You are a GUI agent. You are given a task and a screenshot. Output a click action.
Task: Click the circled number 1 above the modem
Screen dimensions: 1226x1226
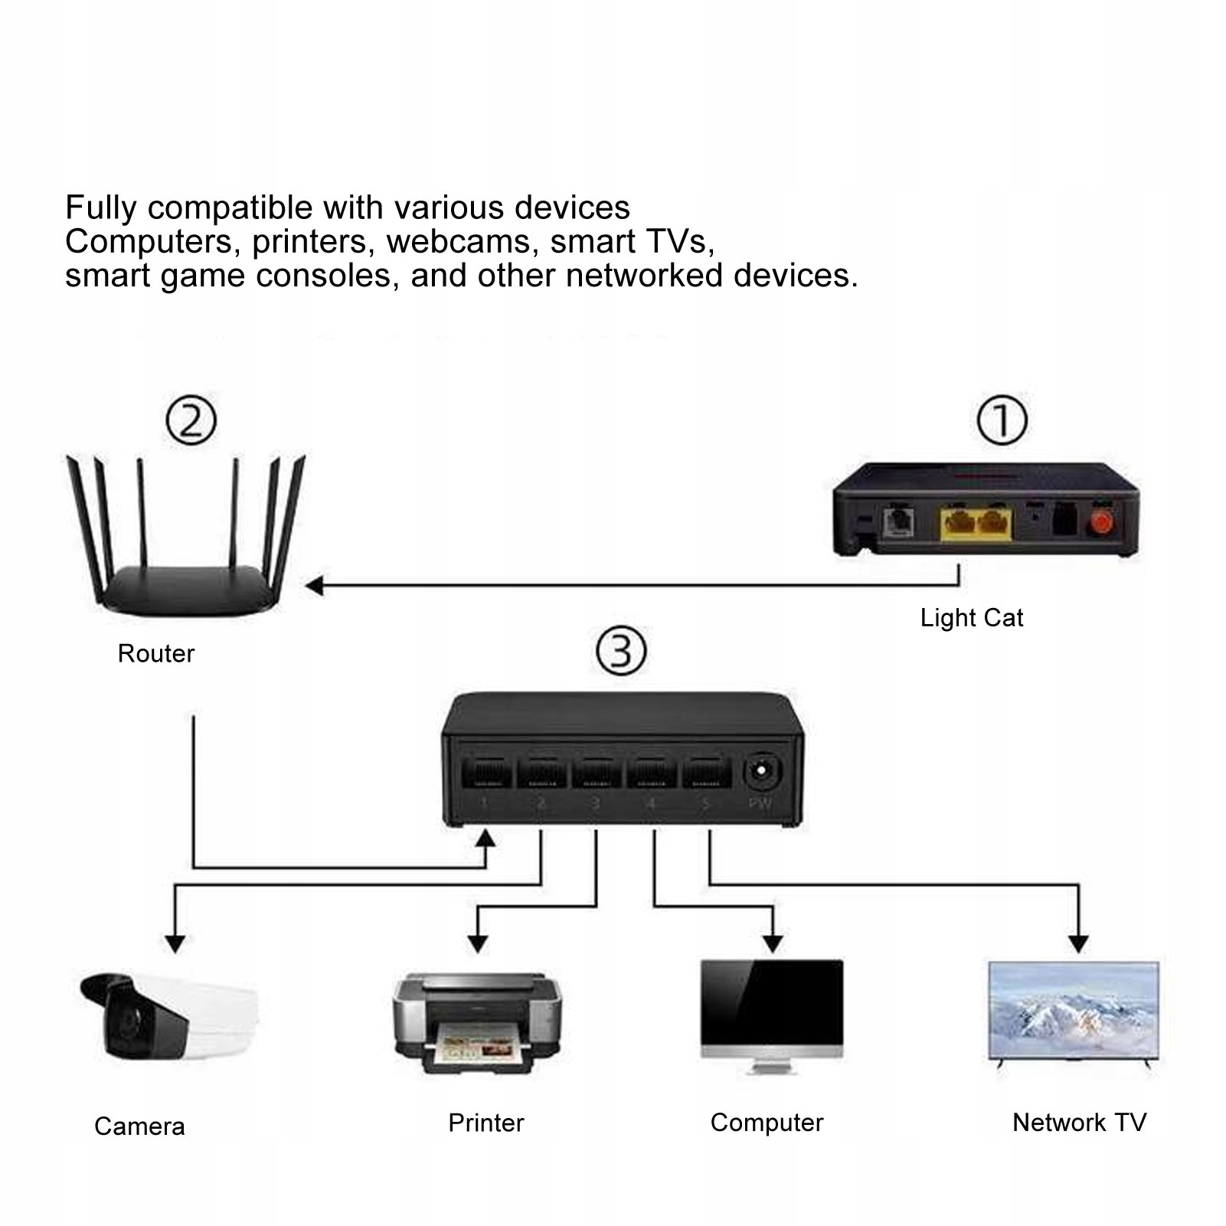pyautogui.click(x=1002, y=420)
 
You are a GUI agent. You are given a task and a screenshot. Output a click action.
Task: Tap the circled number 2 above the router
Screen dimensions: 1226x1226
pyautogui.click(x=191, y=420)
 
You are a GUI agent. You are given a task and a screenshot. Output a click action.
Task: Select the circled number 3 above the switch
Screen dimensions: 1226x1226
pyautogui.click(x=621, y=652)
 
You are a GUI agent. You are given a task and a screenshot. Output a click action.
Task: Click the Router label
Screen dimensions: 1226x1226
pyautogui.click(x=156, y=653)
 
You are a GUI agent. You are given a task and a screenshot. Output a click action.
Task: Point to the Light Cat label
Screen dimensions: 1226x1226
pyautogui.click(x=971, y=617)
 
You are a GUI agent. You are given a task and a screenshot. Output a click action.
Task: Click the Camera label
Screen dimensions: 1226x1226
pyautogui.click(x=139, y=1126)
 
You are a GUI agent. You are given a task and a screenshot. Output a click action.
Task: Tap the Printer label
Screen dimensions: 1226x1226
pyautogui.click(x=486, y=1123)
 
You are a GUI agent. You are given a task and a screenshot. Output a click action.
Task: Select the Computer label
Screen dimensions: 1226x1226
pyautogui.click(x=767, y=1122)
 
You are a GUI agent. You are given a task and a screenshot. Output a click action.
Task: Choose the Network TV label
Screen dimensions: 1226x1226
pyautogui.click(x=1079, y=1122)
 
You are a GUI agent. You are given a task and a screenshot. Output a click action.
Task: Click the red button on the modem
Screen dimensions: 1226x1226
pyautogui.click(x=1101, y=522)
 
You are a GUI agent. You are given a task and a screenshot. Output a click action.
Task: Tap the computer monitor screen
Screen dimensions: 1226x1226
pyautogui.click(x=772, y=1002)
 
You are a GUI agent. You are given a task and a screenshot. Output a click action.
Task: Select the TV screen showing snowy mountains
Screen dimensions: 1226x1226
pyautogui.click(x=1074, y=1009)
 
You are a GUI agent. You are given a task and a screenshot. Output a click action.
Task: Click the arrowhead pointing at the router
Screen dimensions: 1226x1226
pyautogui.click(x=314, y=586)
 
